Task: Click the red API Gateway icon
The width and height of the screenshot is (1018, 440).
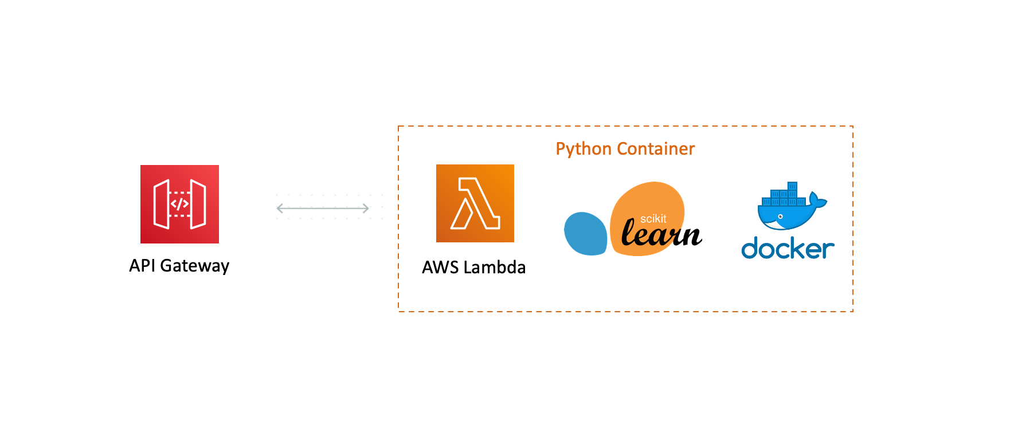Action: (x=179, y=204)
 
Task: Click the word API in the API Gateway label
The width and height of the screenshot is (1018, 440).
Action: (x=142, y=265)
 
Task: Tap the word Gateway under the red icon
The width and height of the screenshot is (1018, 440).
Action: (x=194, y=266)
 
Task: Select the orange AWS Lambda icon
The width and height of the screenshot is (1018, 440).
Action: (x=475, y=203)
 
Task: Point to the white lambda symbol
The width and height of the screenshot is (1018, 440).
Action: (x=475, y=204)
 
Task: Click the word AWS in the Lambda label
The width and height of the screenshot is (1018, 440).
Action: (x=440, y=267)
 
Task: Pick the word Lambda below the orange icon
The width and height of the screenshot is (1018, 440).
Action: (x=495, y=267)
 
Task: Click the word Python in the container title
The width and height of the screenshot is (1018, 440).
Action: (x=584, y=149)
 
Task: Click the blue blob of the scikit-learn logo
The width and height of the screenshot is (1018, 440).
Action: (x=585, y=234)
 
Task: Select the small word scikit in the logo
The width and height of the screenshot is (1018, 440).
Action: (x=653, y=219)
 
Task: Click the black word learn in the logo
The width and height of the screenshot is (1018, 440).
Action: (x=661, y=234)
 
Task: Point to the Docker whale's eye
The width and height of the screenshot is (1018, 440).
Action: (x=780, y=217)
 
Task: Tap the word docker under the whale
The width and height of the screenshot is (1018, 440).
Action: (x=788, y=249)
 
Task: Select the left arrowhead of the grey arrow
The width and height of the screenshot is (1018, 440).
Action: (x=279, y=209)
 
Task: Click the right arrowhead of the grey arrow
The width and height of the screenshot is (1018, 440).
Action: (x=366, y=209)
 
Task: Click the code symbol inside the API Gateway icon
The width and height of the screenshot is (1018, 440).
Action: (x=179, y=204)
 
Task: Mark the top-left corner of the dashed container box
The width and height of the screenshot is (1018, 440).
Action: (x=399, y=127)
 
